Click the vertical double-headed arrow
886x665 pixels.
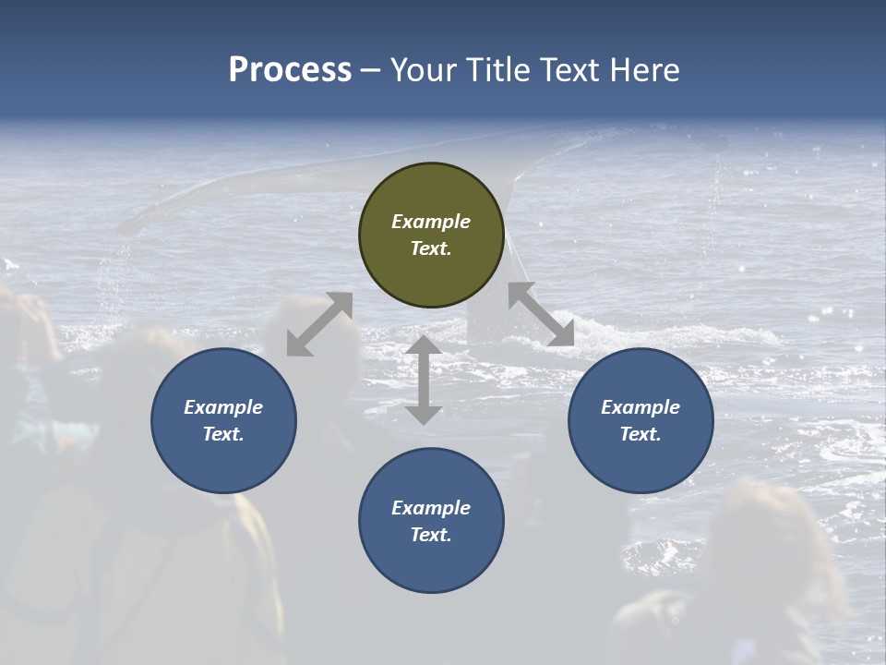[424, 380]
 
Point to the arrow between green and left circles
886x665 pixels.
[319, 324]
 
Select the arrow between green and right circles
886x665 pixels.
[541, 314]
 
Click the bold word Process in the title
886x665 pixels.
[290, 69]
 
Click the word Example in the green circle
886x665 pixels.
[431, 222]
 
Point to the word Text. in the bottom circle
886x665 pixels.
[431, 535]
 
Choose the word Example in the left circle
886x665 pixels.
[223, 407]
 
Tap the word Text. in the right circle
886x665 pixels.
[641, 434]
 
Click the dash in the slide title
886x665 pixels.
[371, 70]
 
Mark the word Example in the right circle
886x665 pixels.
[641, 407]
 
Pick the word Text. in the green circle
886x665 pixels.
[431, 248]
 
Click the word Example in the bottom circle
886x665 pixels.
[431, 508]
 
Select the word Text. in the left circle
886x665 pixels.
[223, 434]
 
